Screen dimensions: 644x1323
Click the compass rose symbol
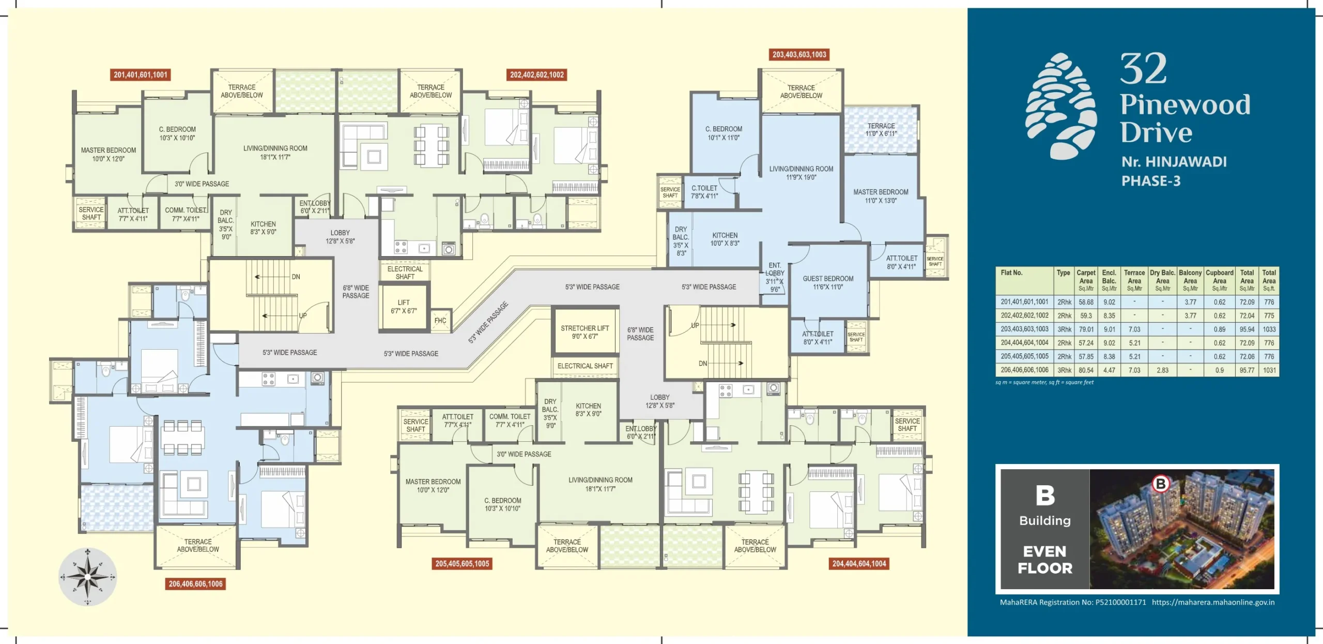(87, 577)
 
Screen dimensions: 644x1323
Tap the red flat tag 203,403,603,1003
(799, 54)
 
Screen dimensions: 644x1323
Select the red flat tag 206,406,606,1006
(195, 584)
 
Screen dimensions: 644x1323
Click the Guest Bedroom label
(828, 282)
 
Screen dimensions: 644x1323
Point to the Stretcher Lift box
(585, 332)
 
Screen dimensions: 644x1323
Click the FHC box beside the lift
(440, 320)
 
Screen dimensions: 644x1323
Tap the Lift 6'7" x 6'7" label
(404, 307)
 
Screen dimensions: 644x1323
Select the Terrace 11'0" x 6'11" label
(881, 130)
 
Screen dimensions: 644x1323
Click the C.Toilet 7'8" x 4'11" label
(704, 192)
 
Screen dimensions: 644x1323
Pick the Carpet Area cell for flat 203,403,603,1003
(1086, 329)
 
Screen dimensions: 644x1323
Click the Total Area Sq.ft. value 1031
(1269, 370)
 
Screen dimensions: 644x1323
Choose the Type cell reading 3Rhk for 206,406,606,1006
(1064, 370)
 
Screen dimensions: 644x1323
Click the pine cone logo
(1060, 106)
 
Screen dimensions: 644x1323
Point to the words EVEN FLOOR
(1044, 560)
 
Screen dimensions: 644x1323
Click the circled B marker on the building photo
(1161, 484)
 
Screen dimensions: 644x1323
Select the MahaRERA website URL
(1213, 602)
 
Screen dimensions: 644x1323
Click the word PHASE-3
(1151, 181)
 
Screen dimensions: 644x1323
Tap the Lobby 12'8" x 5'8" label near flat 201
(340, 237)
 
